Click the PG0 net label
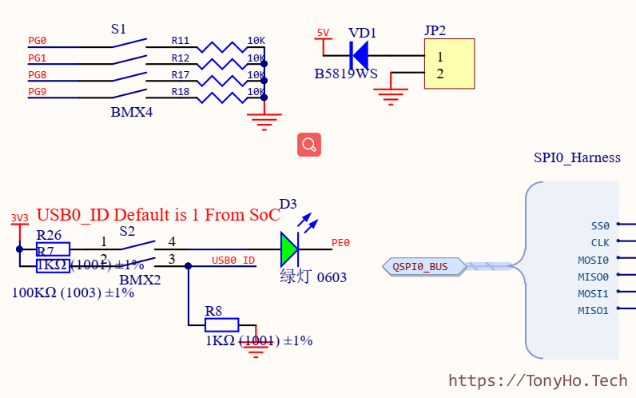38,41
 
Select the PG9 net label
38,92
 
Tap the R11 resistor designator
181,41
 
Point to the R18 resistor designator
181,92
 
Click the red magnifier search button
309,145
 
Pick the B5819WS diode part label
346,74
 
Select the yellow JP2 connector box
449,65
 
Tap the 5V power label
323,33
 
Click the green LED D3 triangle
288,249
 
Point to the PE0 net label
340,243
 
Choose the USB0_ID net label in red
233,261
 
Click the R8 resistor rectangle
222,324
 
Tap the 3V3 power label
19,218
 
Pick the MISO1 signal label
593,311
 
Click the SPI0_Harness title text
577,157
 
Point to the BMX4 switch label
131,113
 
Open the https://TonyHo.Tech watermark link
538,381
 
